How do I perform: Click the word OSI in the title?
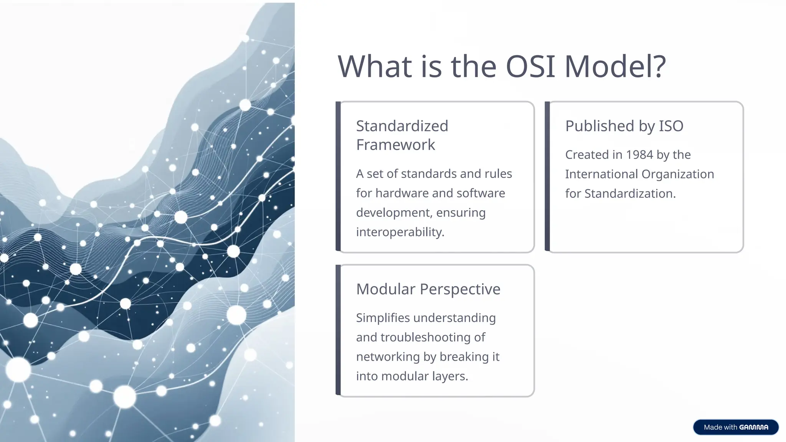point(530,66)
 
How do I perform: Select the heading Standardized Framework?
point(402,135)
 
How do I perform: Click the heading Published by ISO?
point(624,126)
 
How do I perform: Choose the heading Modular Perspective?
point(428,289)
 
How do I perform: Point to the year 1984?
point(639,155)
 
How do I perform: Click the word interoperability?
point(400,232)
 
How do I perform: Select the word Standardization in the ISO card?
point(629,193)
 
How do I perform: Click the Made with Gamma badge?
point(735,427)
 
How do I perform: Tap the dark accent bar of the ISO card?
point(547,176)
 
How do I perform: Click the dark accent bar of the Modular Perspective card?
point(338,330)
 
